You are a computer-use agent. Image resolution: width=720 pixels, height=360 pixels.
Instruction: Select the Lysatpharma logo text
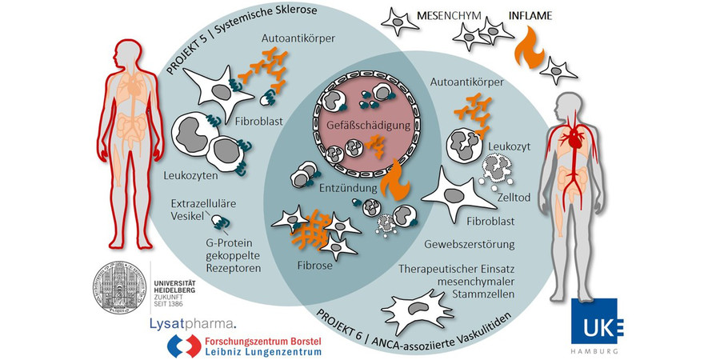click(x=192, y=322)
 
